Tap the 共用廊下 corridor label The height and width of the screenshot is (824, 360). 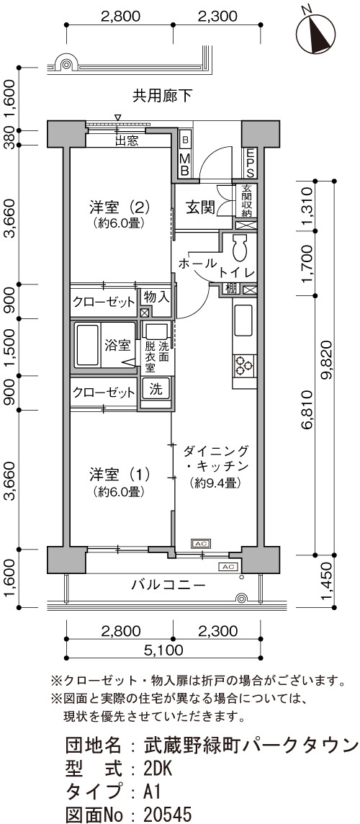162,96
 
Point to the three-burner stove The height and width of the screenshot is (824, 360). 244,365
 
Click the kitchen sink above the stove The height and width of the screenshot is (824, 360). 244,321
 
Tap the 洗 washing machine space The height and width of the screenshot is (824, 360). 156,390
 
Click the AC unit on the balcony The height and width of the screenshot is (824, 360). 228,567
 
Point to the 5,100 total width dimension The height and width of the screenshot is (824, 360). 163,650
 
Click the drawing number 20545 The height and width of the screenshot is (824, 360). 168,815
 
